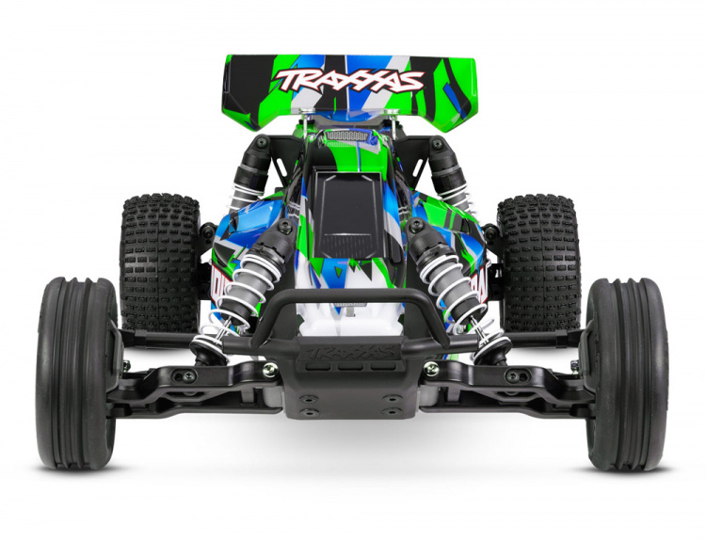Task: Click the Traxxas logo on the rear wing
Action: [349, 79]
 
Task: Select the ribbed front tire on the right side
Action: [626, 374]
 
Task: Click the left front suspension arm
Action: [179, 386]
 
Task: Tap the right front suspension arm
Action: [522, 386]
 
